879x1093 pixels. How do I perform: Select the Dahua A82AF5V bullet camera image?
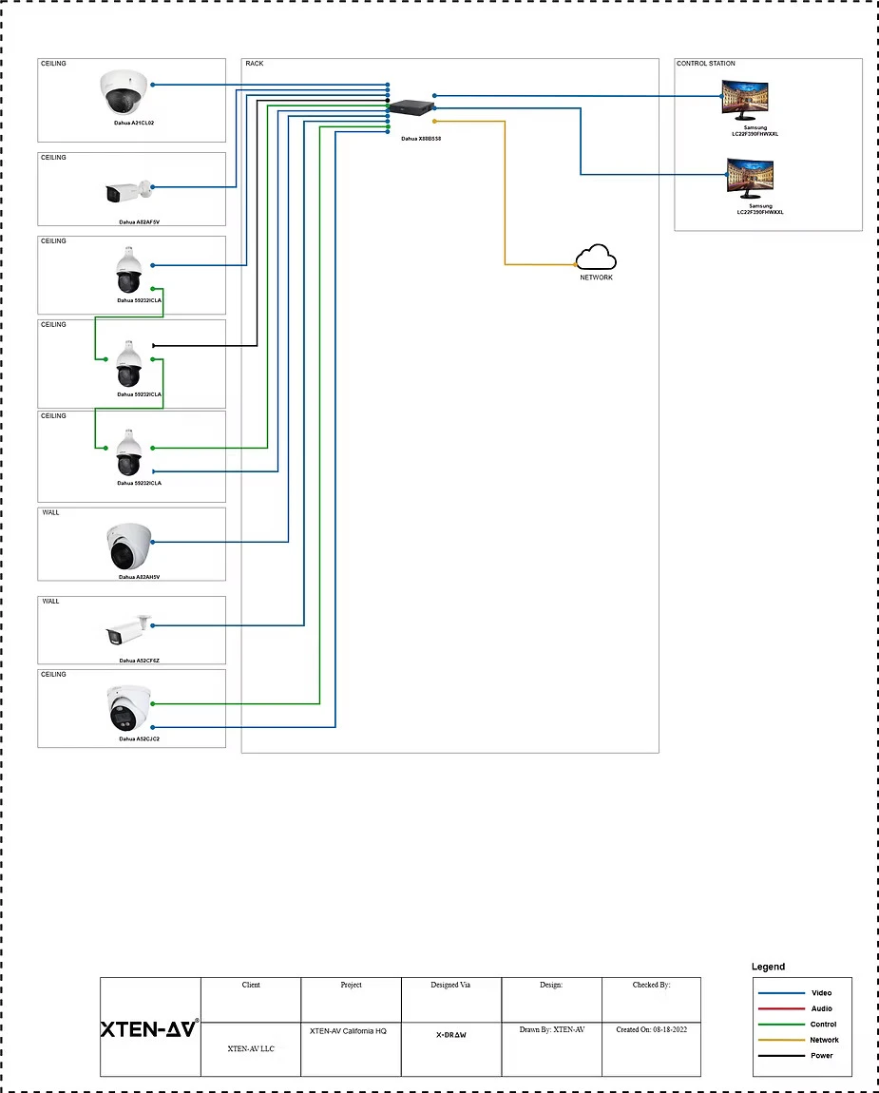[127, 192]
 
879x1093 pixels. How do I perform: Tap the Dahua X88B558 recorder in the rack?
[411, 107]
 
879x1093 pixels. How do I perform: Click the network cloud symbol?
[596, 258]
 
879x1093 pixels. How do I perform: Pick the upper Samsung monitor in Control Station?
[747, 98]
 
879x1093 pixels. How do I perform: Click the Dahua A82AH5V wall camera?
[129, 546]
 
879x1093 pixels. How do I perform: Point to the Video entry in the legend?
[821, 993]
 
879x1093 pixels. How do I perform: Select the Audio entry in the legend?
[821, 1008]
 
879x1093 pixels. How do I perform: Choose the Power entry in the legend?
[821, 1056]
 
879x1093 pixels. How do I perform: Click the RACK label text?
[255, 64]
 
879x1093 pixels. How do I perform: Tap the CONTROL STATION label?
[705, 64]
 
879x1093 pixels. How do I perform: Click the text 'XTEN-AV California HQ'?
[348, 1031]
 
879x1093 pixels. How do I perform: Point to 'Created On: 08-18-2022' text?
[651, 1029]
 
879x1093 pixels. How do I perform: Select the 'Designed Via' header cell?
[451, 985]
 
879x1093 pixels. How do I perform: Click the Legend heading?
[768, 967]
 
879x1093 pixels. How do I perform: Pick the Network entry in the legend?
[823, 1040]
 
